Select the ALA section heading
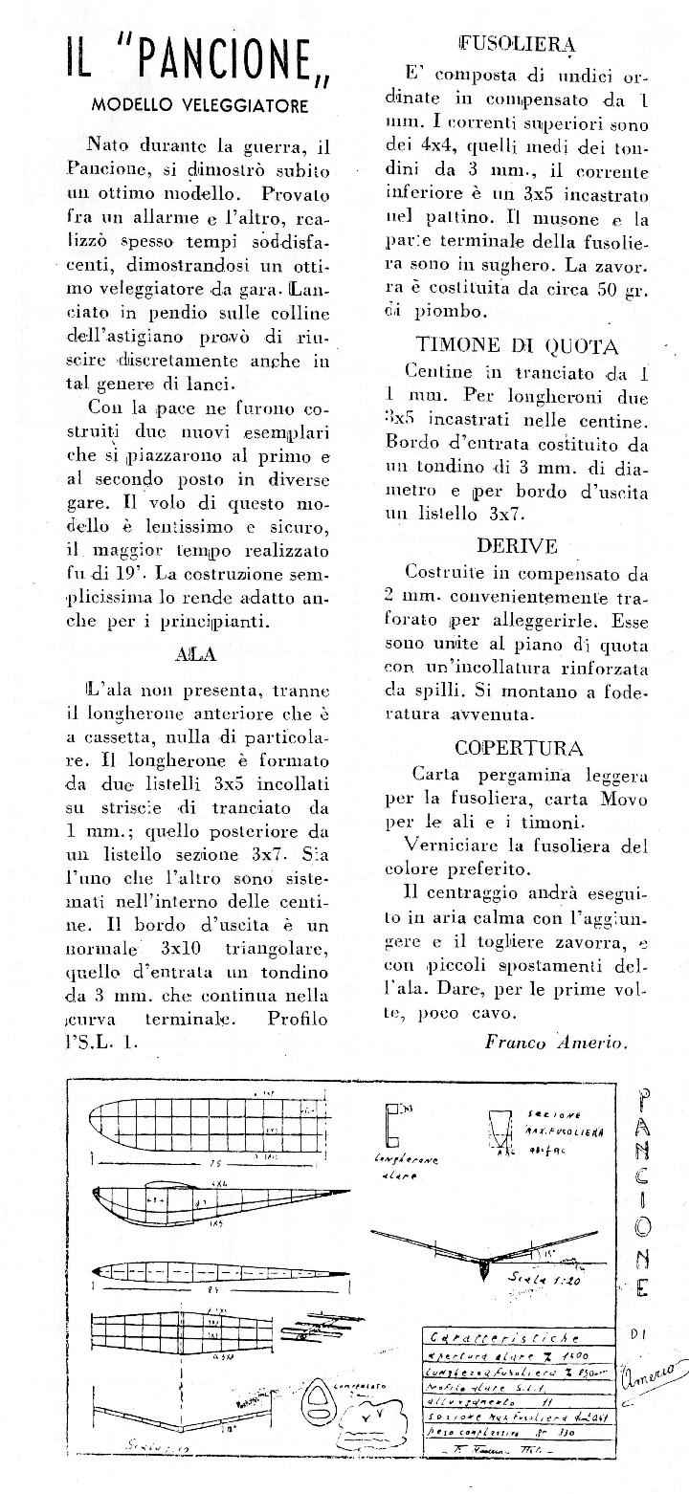click(x=196, y=655)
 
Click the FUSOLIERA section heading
click(x=518, y=43)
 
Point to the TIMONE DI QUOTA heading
click(x=517, y=347)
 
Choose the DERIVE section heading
click(x=517, y=546)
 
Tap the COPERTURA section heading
click(x=519, y=748)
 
